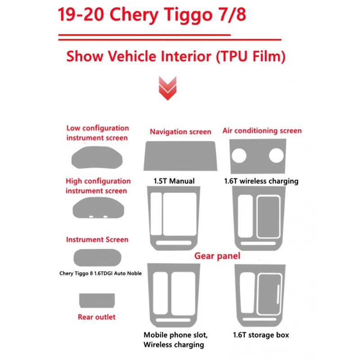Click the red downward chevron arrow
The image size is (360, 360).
click(167, 88)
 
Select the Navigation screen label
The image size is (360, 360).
click(180, 132)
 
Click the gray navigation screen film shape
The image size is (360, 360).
click(180, 156)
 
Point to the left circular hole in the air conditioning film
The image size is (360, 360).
click(239, 155)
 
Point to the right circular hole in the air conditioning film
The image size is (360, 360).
click(276, 155)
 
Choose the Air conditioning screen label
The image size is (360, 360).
click(262, 131)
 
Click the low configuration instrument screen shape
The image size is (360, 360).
click(97, 157)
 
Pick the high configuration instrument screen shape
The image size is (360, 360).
click(98, 208)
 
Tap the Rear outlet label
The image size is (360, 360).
click(97, 317)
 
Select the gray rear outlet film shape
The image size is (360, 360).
click(97, 301)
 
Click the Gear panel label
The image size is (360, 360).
click(217, 256)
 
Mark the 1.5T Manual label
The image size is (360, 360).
click(174, 181)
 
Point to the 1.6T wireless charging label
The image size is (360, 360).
click(261, 181)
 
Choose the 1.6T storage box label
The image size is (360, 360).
click(261, 335)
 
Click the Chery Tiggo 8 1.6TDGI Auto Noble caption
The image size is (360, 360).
click(100, 273)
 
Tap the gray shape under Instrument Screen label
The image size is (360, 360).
click(97, 258)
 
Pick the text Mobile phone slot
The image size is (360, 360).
click(175, 335)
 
